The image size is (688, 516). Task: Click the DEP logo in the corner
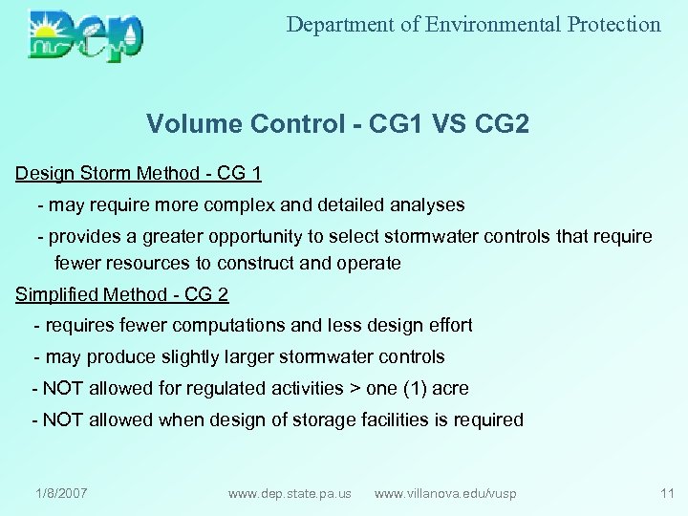86,36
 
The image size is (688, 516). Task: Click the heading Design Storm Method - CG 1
139,174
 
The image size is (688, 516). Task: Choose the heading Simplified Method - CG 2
122,295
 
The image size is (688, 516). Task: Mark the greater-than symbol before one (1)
357,389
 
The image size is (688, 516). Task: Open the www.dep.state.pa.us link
290,493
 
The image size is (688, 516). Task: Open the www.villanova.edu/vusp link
445,493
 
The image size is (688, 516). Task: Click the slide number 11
667,493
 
